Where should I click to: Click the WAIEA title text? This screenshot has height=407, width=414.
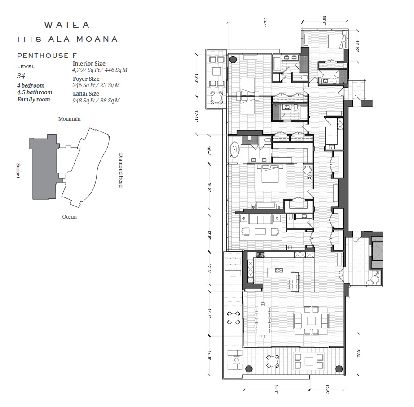click(x=67, y=25)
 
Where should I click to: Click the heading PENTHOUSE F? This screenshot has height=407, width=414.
click(x=47, y=56)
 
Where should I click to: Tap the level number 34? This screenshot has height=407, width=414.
click(x=21, y=76)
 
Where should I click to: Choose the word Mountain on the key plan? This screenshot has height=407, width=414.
click(x=70, y=119)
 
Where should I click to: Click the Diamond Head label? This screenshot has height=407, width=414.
click(x=121, y=170)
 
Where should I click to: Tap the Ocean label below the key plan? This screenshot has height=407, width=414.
click(x=70, y=217)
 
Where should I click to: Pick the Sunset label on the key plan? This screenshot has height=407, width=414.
click(x=18, y=171)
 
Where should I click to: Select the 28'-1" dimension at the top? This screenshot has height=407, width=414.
click(x=265, y=22)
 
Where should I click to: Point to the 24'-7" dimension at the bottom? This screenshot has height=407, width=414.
click(x=277, y=389)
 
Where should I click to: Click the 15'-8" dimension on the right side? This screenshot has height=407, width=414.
click(x=358, y=353)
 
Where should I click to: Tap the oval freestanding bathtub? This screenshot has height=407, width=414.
click(x=234, y=149)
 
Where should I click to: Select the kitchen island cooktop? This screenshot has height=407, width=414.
click(x=279, y=270)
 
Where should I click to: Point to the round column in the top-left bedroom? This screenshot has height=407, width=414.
click(x=233, y=59)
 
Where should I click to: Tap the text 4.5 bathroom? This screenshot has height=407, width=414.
click(x=35, y=92)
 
